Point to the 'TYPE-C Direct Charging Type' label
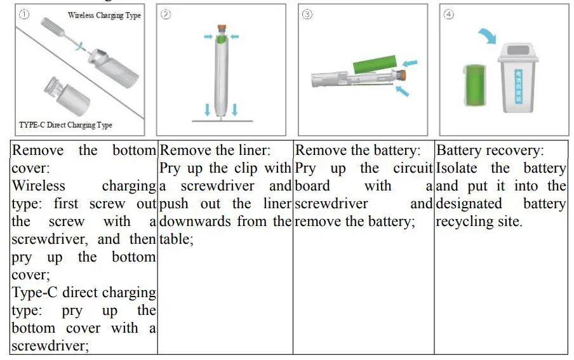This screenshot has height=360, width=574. (65, 125)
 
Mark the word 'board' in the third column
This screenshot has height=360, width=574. (313, 187)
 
